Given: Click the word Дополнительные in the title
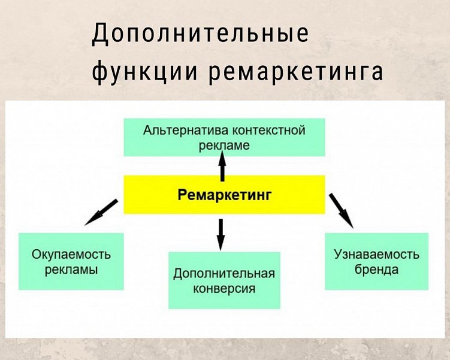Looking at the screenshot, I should point(200,35).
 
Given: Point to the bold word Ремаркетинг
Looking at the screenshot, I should point(225,194).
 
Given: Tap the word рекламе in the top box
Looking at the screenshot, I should point(224,145).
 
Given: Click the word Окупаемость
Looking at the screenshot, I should point(71,254).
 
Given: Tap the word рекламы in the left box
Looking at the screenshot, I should point(71,269).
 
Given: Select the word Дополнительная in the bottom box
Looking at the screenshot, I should point(224,274).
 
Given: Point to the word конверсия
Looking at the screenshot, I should point(224,289).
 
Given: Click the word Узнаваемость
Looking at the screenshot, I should point(376,254).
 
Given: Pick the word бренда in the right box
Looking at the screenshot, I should point(376,269).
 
